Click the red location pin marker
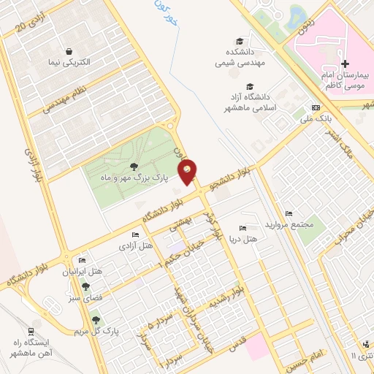(x=188, y=172)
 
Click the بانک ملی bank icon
(x=315, y=107)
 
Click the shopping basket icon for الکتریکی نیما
(x=68, y=51)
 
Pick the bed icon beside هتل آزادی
(x=135, y=234)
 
